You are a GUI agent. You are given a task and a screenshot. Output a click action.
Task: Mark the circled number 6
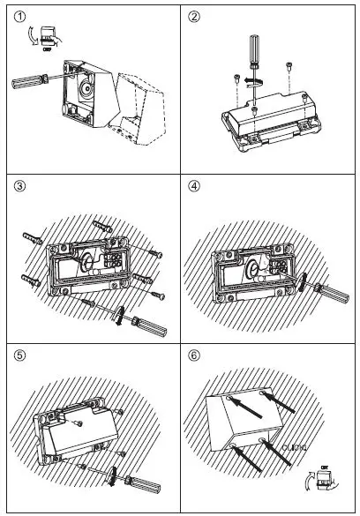pyautogui.click(x=194, y=358)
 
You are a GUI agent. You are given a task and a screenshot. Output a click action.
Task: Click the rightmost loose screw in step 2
pyautogui.click(x=290, y=65)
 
